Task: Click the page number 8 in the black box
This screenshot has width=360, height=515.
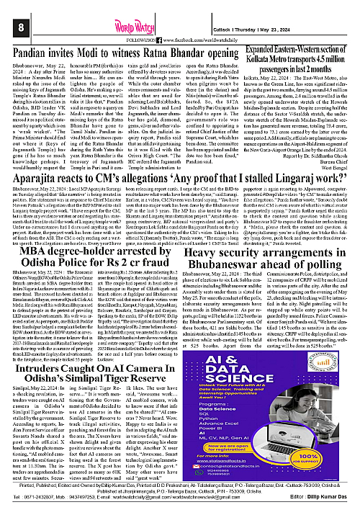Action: [x=12, y=8]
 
